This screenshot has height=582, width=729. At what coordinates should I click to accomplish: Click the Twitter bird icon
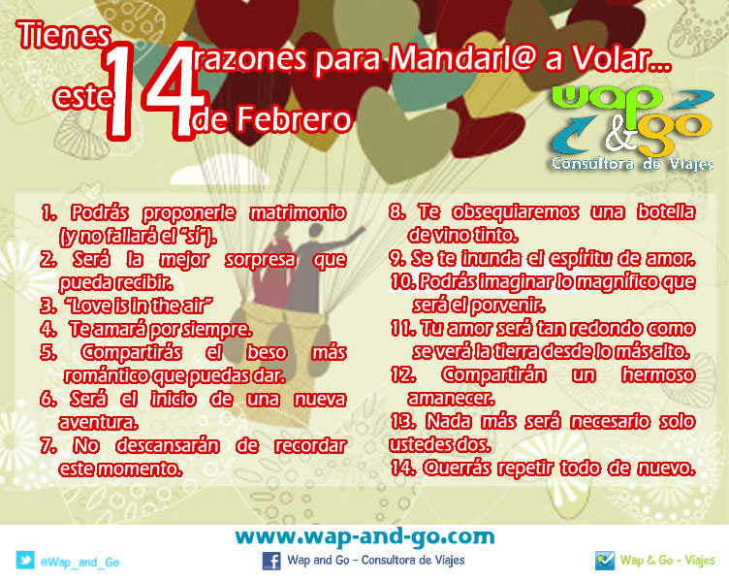(x=25, y=561)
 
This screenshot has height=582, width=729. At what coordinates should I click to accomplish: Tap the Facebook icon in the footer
(x=272, y=560)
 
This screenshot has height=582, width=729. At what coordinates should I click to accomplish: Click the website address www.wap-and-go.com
(x=364, y=536)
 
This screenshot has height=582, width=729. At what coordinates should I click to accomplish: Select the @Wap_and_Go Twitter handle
(x=79, y=562)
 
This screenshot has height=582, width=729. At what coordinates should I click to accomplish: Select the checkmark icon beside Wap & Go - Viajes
(x=605, y=560)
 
